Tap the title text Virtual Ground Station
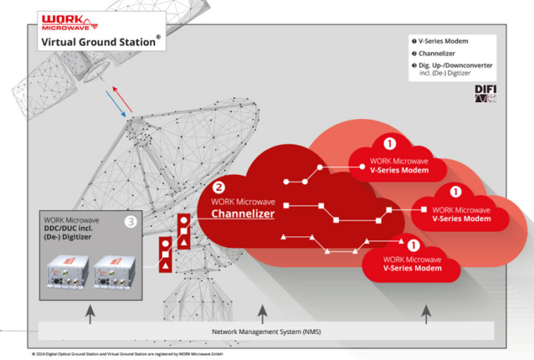click(x=98, y=42)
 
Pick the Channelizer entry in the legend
click(x=437, y=53)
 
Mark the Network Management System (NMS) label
click(x=262, y=331)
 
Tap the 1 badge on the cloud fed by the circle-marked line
click(x=390, y=143)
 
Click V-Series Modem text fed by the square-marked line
click(x=460, y=219)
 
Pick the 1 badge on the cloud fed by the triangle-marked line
click(x=414, y=246)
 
